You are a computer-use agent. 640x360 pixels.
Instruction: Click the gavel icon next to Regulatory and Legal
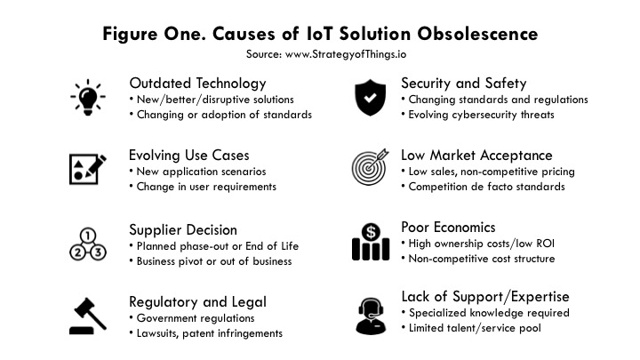(87, 313)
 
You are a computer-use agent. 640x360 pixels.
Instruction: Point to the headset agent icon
(371, 313)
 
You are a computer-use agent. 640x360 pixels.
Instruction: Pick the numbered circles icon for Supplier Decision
(87, 242)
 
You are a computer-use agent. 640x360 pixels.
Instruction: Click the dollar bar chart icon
(371, 242)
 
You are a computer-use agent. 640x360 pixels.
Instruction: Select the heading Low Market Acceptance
(476, 155)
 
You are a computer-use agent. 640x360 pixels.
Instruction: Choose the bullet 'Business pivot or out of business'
(212, 260)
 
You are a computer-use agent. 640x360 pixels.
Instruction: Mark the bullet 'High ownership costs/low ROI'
(483, 243)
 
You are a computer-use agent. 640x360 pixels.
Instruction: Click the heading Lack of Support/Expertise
(485, 297)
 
